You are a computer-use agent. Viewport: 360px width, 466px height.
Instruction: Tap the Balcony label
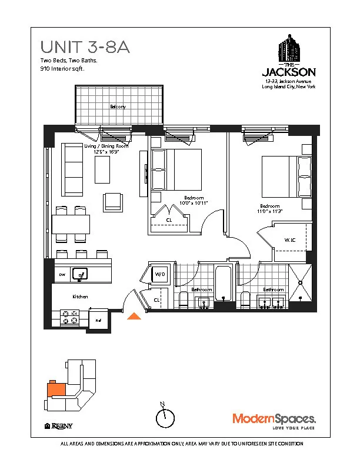pyautogui.click(x=118, y=106)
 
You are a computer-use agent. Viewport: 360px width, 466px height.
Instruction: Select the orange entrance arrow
pyautogui.click(x=135, y=317)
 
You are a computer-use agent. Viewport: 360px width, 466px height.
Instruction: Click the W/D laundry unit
pyautogui.click(x=159, y=275)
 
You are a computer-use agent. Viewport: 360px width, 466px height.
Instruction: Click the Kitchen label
pyautogui.click(x=80, y=297)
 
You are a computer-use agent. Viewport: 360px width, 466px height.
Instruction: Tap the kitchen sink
pyautogui.click(x=79, y=274)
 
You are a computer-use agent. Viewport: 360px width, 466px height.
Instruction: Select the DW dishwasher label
pyautogui.click(x=61, y=275)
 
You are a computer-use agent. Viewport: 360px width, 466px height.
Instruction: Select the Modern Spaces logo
pyautogui.click(x=275, y=420)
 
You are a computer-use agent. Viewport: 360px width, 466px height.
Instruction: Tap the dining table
pyautogui.click(x=71, y=224)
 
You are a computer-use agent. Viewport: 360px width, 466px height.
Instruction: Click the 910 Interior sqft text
pyautogui.click(x=62, y=69)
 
